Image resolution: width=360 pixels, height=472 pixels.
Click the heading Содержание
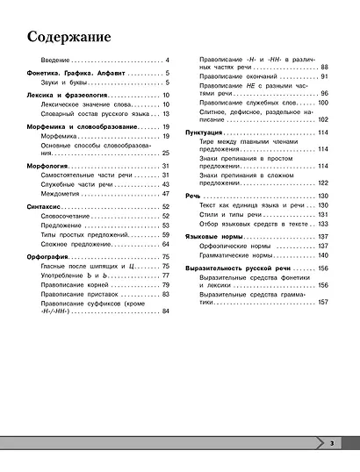pos(68,39)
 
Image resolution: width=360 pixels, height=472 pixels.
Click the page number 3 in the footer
pos(333,444)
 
